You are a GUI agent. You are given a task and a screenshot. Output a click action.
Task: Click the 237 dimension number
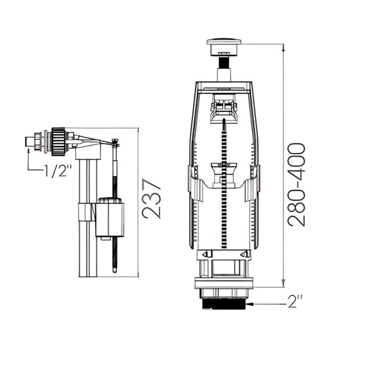[x=152, y=198]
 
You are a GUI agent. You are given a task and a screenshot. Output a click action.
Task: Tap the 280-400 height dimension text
[x=296, y=185]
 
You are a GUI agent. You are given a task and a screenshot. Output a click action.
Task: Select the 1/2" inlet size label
[x=58, y=171]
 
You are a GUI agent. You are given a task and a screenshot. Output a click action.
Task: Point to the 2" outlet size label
[x=295, y=301]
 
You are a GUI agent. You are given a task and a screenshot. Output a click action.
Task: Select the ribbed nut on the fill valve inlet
[x=58, y=141]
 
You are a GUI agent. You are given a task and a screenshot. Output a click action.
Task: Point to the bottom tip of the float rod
[x=115, y=271]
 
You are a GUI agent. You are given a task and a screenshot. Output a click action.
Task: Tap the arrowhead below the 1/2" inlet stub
[x=29, y=151]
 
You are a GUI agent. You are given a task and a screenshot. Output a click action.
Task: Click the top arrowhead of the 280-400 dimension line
[x=283, y=47]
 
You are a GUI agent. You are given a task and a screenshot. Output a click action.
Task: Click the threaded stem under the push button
[x=224, y=62]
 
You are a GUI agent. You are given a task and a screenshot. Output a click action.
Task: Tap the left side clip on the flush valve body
[x=195, y=183]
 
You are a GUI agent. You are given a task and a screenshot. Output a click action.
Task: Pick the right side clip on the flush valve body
[x=252, y=183]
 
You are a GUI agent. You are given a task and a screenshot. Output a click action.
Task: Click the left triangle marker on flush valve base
[x=205, y=254]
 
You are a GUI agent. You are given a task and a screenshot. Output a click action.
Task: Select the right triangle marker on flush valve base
[x=244, y=254]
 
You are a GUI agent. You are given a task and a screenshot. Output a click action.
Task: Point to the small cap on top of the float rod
[x=115, y=143]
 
